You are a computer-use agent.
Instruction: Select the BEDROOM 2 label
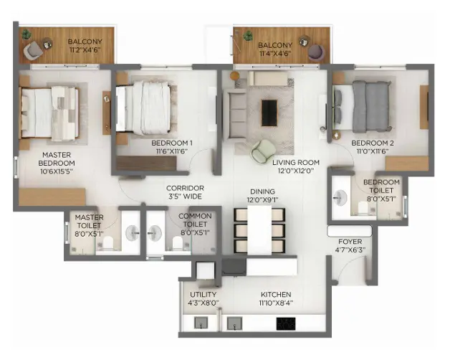click(372, 143)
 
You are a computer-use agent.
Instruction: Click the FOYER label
click(348, 242)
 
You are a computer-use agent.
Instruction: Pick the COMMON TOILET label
click(195, 216)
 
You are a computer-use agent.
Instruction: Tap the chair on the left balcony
click(34, 50)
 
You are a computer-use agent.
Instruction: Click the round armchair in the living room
click(262, 149)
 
